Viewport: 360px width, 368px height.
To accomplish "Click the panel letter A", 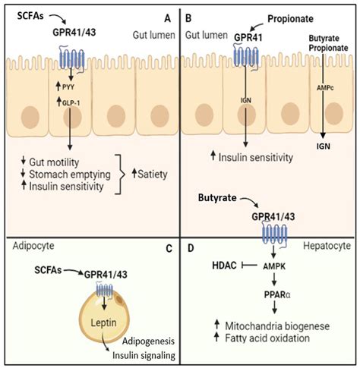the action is [168, 18].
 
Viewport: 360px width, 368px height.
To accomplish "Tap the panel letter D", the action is [191, 248].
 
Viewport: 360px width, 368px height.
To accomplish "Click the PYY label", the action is [68, 87].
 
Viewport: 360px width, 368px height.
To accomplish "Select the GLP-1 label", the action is [71, 103].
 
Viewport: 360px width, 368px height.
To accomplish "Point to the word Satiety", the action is [153, 175].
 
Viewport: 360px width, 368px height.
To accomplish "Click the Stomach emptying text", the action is [70, 175].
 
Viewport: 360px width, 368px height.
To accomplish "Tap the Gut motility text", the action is [54, 162].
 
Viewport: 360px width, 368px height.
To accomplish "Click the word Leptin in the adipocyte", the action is [104, 322].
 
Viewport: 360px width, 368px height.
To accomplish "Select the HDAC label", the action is [224, 266].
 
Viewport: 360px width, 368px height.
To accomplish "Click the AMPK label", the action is [274, 266].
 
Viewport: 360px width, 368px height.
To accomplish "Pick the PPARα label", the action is [277, 294].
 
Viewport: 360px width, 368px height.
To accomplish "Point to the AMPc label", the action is [325, 88].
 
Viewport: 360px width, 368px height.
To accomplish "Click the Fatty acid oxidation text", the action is [267, 338].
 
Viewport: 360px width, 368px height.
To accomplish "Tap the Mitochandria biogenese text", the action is [277, 326].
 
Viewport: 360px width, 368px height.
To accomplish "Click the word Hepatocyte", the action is [327, 246].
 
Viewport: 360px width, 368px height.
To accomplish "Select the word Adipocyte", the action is [33, 246].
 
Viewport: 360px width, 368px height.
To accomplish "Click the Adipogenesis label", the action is [148, 341].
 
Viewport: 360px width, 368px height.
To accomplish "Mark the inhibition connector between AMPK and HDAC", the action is [250, 266].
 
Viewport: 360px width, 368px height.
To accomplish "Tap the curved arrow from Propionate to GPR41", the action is [257, 26].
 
